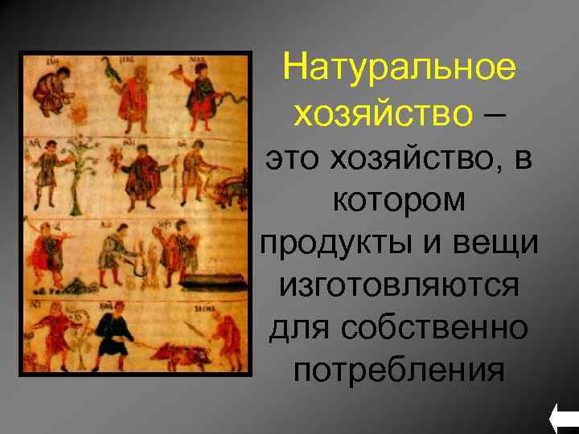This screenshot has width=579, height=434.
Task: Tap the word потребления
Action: (x=398, y=371)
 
